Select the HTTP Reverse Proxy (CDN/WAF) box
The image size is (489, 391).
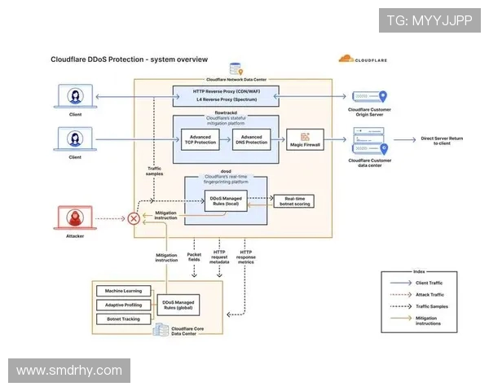click(x=226, y=90)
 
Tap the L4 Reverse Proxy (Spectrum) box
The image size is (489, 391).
click(x=226, y=101)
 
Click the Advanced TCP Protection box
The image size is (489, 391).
click(x=200, y=139)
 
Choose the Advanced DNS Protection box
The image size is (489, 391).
click(x=251, y=139)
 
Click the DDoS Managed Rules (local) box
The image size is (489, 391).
click(x=219, y=201)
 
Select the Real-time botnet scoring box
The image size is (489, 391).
click(x=293, y=201)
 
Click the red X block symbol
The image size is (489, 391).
click(x=134, y=218)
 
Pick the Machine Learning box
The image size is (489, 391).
click(x=122, y=291)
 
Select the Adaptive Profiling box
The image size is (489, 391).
click(x=122, y=305)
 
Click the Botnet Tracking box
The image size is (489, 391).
click(x=122, y=319)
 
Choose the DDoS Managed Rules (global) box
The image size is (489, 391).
click(x=178, y=305)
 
